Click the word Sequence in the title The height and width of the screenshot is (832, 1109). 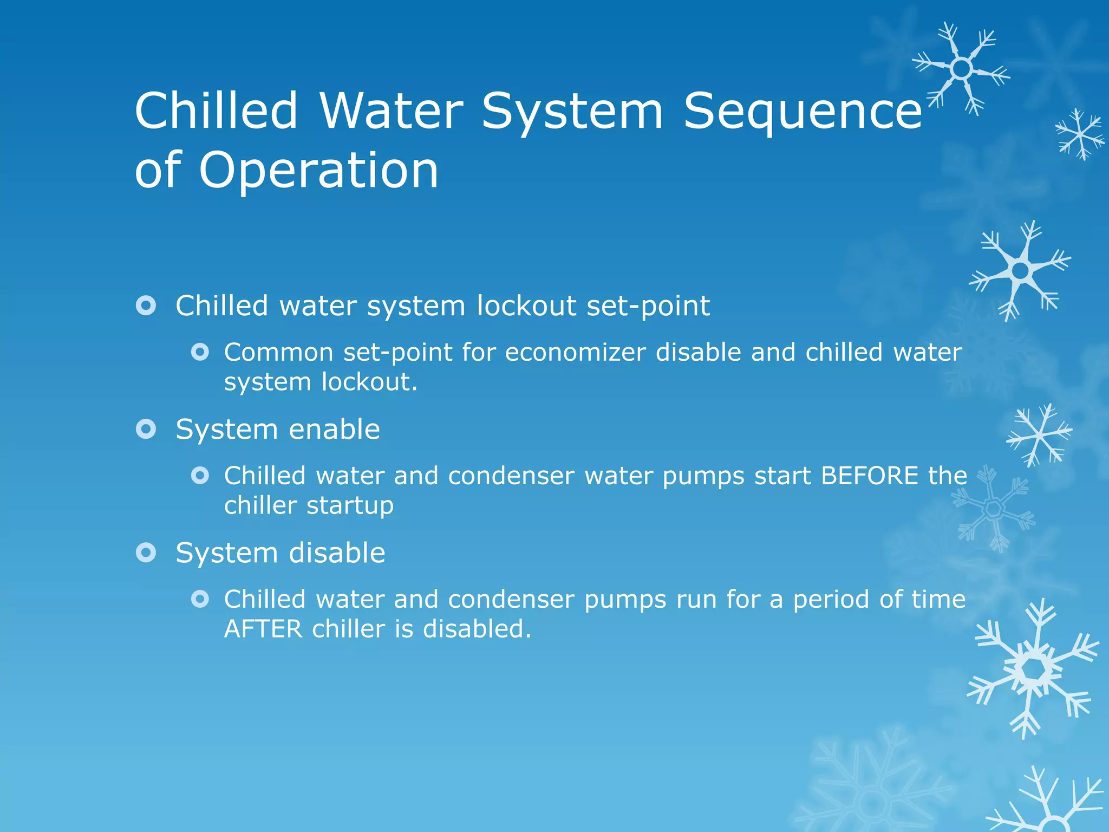pos(803,111)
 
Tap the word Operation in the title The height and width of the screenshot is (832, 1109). pos(318,170)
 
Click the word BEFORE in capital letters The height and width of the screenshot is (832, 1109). pos(869,476)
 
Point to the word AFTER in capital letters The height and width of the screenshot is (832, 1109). pos(263,629)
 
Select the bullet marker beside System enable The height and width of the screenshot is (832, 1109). pos(146,430)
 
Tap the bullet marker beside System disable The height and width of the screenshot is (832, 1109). pos(146,553)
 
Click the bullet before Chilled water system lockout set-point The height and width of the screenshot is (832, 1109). pos(146,306)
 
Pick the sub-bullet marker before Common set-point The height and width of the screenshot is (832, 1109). pos(200,353)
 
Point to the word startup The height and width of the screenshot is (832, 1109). pos(350,506)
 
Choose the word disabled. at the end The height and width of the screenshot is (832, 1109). pos(477,629)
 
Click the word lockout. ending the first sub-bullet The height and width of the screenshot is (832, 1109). pos(369,382)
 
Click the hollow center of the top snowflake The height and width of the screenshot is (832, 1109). pos(962,69)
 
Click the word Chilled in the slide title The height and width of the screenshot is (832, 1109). pos(216,111)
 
